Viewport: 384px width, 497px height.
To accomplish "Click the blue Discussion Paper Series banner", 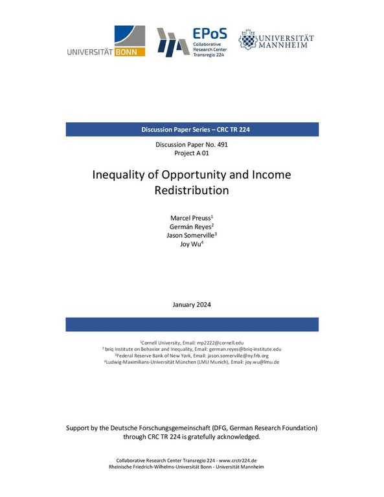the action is [x=192, y=129].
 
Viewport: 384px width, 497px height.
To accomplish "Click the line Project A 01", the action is [x=192, y=153].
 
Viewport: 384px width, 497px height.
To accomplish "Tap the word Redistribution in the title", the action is [x=192, y=191].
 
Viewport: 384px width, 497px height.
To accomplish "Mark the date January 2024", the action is [x=192, y=304].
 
